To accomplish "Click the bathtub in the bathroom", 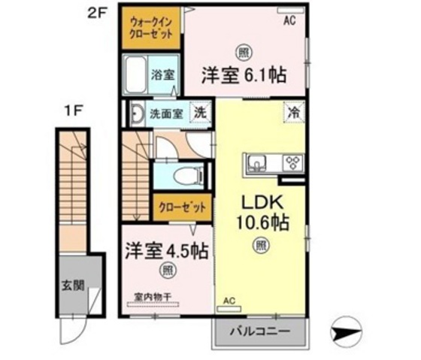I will (135, 75).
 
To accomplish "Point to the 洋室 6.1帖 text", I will (243, 75).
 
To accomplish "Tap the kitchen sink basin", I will (257, 162).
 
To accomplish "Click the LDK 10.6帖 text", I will (261, 213).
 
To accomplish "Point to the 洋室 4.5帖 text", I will (166, 250).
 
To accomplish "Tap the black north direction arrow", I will (347, 329).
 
